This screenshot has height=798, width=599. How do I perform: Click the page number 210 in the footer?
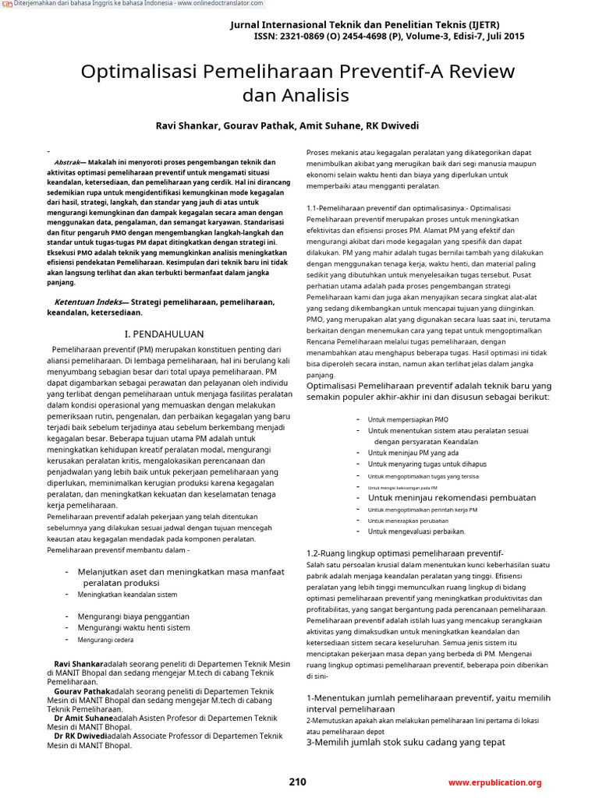(x=297, y=782)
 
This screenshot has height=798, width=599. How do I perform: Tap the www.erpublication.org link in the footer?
(x=494, y=782)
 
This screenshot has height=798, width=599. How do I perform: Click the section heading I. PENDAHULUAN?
(x=165, y=333)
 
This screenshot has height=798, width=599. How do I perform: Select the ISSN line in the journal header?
(x=388, y=37)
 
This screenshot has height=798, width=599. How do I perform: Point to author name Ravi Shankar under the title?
(x=187, y=125)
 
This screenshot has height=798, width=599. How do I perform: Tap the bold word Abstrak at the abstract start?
(x=66, y=162)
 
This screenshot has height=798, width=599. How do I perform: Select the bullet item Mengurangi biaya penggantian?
(x=133, y=616)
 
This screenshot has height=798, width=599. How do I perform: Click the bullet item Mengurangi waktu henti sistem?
(x=133, y=627)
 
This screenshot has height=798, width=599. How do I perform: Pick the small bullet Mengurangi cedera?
(x=105, y=640)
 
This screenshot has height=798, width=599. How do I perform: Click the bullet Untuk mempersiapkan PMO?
(x=408, y=419)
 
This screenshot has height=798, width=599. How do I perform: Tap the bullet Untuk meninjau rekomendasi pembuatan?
(x=452, y=497)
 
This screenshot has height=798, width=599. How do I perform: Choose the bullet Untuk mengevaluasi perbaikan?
(x=416, y=531)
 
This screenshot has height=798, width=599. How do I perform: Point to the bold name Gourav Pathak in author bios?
(x=82, y=691)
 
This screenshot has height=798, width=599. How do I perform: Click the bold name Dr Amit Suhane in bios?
(x=83, y=719)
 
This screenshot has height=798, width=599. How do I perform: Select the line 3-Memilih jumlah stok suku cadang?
(x=405, y=742)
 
